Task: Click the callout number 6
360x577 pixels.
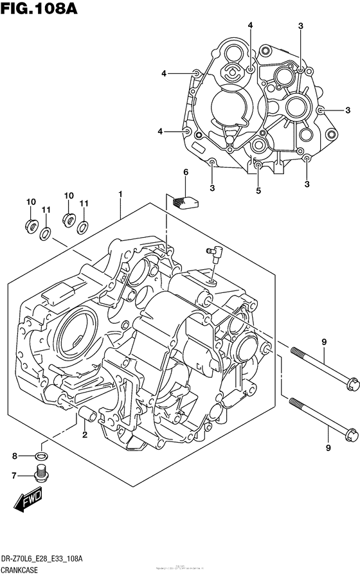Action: point(185,172)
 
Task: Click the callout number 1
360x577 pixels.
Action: point(120,193)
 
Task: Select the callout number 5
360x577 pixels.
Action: point(258,190)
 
